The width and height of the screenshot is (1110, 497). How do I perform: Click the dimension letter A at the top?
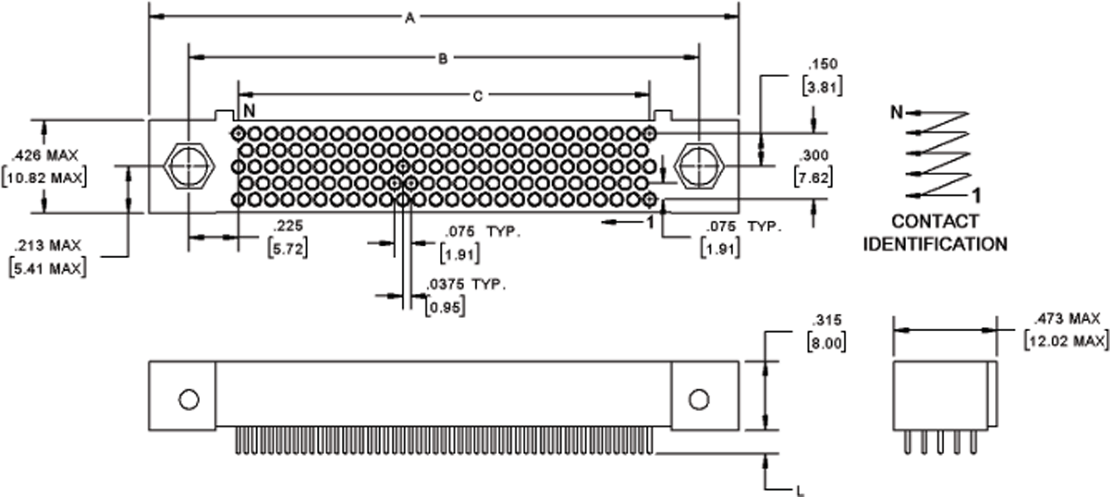tap(410, 18)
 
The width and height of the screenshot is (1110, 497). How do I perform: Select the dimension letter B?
tap(443, 59)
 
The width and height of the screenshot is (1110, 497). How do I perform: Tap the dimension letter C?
tap(477, 96)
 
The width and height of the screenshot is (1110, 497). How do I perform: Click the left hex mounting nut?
tap(188, 167)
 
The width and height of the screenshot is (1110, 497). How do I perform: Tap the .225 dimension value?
tap(287, 226)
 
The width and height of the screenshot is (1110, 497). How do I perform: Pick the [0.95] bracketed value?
tap(445, 307)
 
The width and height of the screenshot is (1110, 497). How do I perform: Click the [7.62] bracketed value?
tap(813, 178)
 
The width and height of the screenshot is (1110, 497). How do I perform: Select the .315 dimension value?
tap(826, 320)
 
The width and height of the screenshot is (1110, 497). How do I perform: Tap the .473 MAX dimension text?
tap(1066, 319)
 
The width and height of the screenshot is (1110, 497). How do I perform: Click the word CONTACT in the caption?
tap(934, 221)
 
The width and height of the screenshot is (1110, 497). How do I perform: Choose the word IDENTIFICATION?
tap(934, 244)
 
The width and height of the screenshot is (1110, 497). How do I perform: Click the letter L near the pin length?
tap(800, 491)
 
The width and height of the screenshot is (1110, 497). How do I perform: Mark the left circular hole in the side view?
tap(188, 399)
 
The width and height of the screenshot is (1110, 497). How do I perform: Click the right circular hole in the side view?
tap(699, 399)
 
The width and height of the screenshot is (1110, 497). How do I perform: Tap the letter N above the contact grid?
tap(249, 111)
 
